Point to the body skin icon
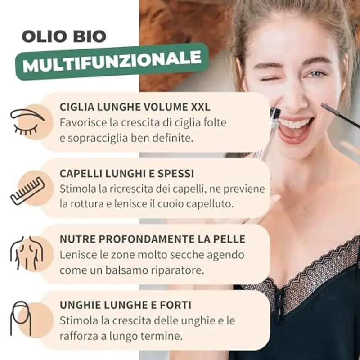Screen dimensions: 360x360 pyautogui.click(x=27, y=253)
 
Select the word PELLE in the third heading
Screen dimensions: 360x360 pyautogui.click(x=230, y=239)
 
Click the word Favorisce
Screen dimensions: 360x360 pyautogui.click(x=83, y=122)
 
